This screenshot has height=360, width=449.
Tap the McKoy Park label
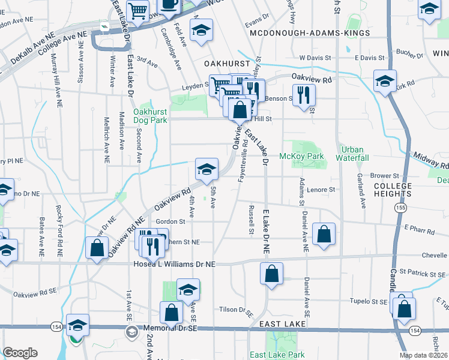tap(301, 157)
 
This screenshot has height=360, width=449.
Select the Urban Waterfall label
tap(354, 154)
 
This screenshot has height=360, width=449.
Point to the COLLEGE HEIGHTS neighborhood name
tap(393, 190)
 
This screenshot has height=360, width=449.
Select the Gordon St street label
tap(170, 221)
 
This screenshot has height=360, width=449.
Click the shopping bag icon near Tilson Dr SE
tap(171, 312)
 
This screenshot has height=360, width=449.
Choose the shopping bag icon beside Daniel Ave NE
tap(324, 235)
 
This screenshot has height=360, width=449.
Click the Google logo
tap(20, 353)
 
